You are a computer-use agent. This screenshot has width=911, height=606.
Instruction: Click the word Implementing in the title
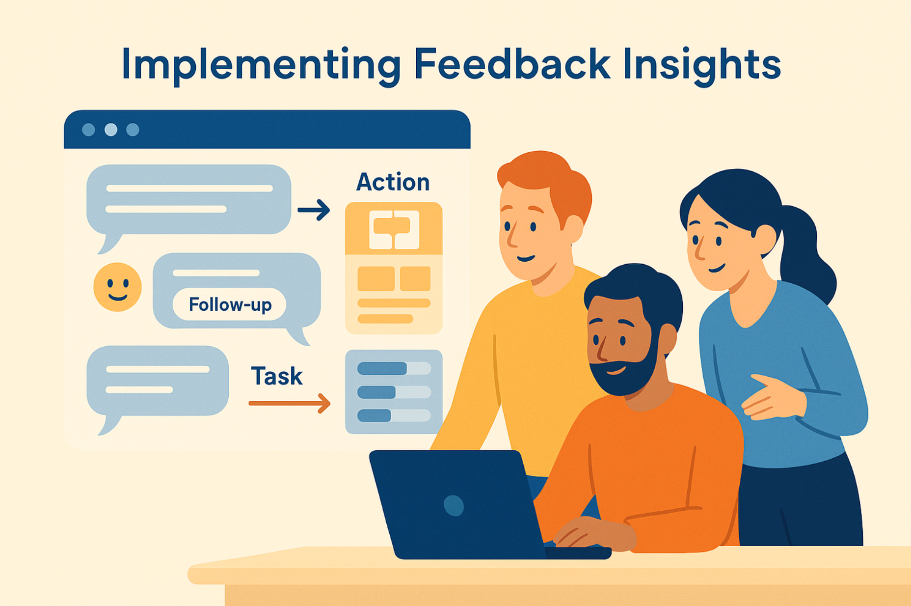click(261, 65)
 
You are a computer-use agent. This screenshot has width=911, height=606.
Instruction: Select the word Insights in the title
click(702, 65)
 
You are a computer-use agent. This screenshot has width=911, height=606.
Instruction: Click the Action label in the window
click(393, 182)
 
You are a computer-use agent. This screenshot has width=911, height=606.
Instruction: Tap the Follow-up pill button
click(230, 304)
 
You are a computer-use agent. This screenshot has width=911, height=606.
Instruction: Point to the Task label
click(276, 376)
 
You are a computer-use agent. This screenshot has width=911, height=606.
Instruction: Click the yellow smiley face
click(117, 287)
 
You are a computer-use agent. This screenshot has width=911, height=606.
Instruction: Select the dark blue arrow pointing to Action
click(314, 210)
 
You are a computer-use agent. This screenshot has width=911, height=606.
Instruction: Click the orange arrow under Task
click(290, 403)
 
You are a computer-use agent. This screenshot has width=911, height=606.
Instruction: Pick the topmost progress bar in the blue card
click(394, 368)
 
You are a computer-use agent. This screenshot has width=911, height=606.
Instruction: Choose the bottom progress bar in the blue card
click(394, 415)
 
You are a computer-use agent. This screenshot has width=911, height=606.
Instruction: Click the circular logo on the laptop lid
click(454, 505)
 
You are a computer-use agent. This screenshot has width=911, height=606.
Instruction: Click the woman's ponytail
click(805, 255)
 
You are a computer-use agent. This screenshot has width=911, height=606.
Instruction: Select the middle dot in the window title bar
click(111, 130)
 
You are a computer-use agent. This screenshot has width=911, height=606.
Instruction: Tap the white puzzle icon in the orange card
click(394, 229)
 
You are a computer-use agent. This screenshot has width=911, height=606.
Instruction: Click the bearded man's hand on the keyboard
click(591, 533)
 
